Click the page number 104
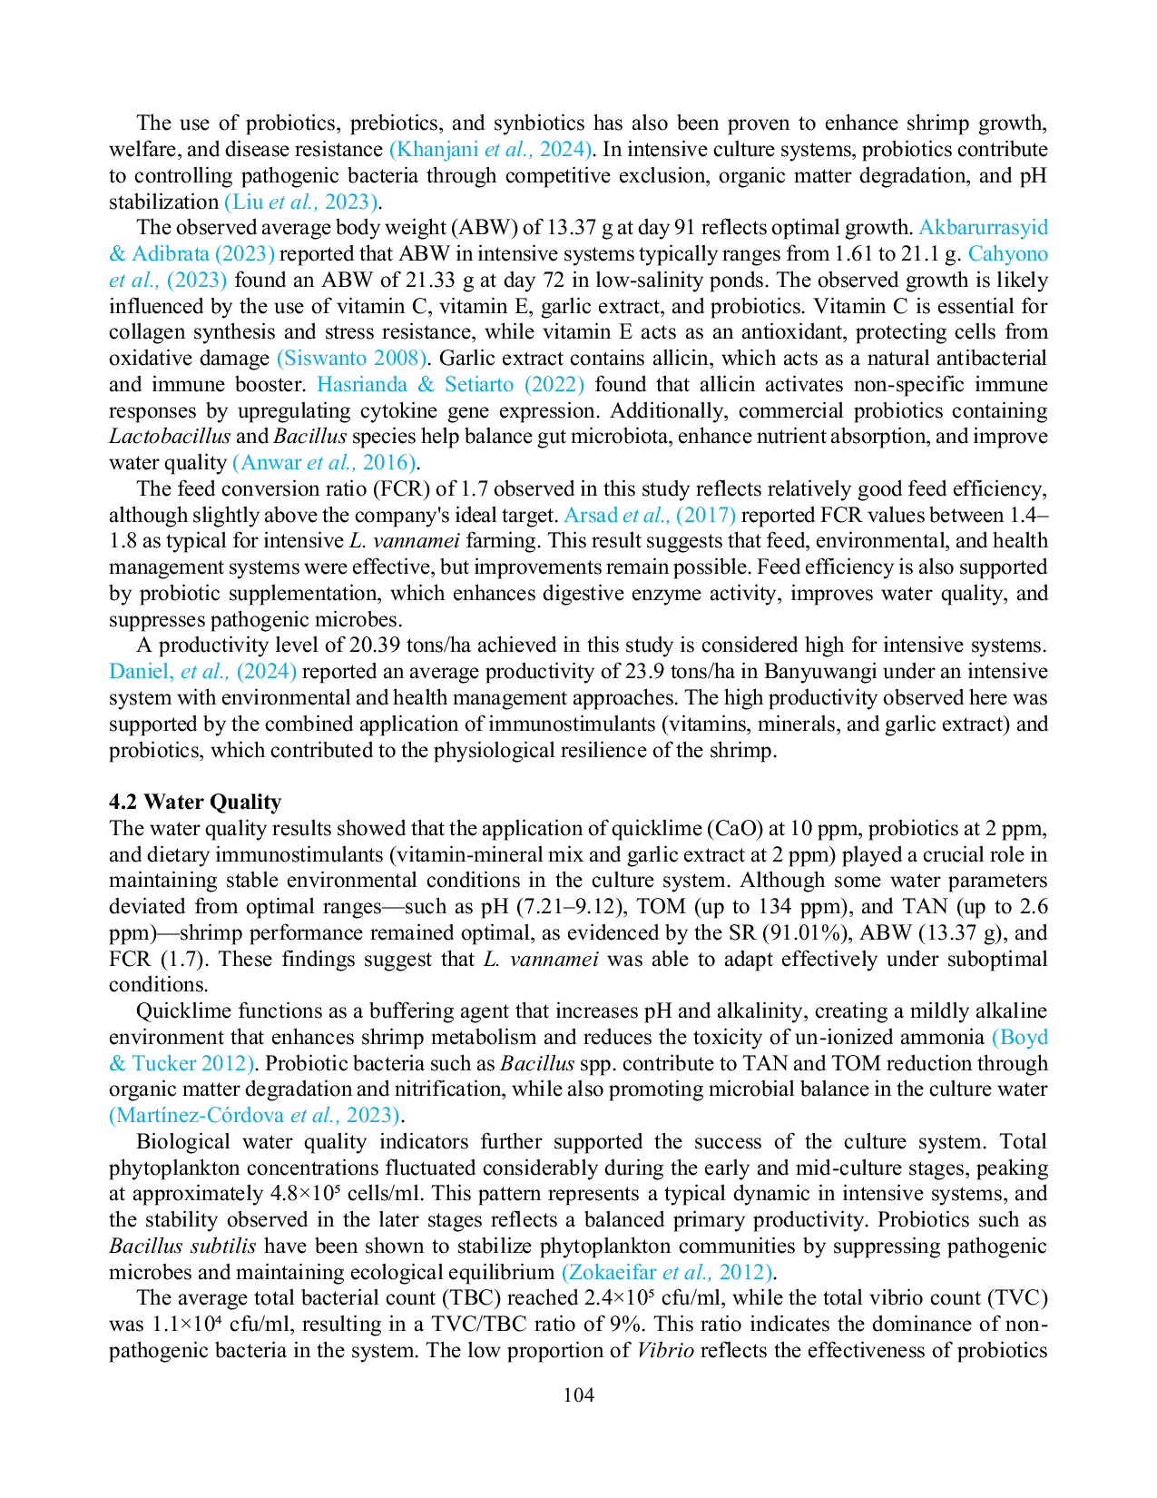[x=578, y=1395]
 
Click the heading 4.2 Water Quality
[x=195, y=802]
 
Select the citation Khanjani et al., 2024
[x=491, y=150]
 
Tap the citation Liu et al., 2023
[x=301, y=202]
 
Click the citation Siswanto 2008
[x=351, y=359]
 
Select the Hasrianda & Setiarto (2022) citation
[x=450, y=385]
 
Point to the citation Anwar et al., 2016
[x=324, y=463]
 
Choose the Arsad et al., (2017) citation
[x=650, y=515]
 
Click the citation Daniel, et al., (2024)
[x=202, y=672]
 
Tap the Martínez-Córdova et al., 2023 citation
[x=254, y=1116]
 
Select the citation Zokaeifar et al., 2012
[x=666, y=1272]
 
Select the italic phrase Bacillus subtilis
[x=182, y=1246]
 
